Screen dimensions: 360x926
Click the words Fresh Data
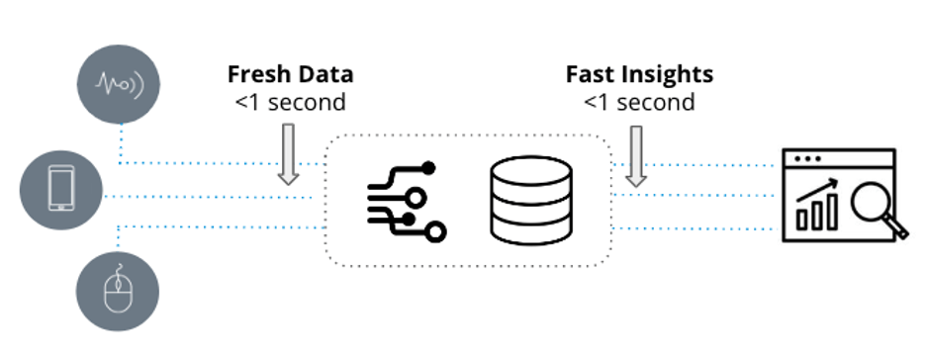click(291, 74)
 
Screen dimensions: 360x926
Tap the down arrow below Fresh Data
click(288, 154)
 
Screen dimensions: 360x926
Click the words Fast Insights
click(639, 74)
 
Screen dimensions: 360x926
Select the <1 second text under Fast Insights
click(639, 101)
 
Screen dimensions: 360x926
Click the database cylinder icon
click(531, 201)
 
